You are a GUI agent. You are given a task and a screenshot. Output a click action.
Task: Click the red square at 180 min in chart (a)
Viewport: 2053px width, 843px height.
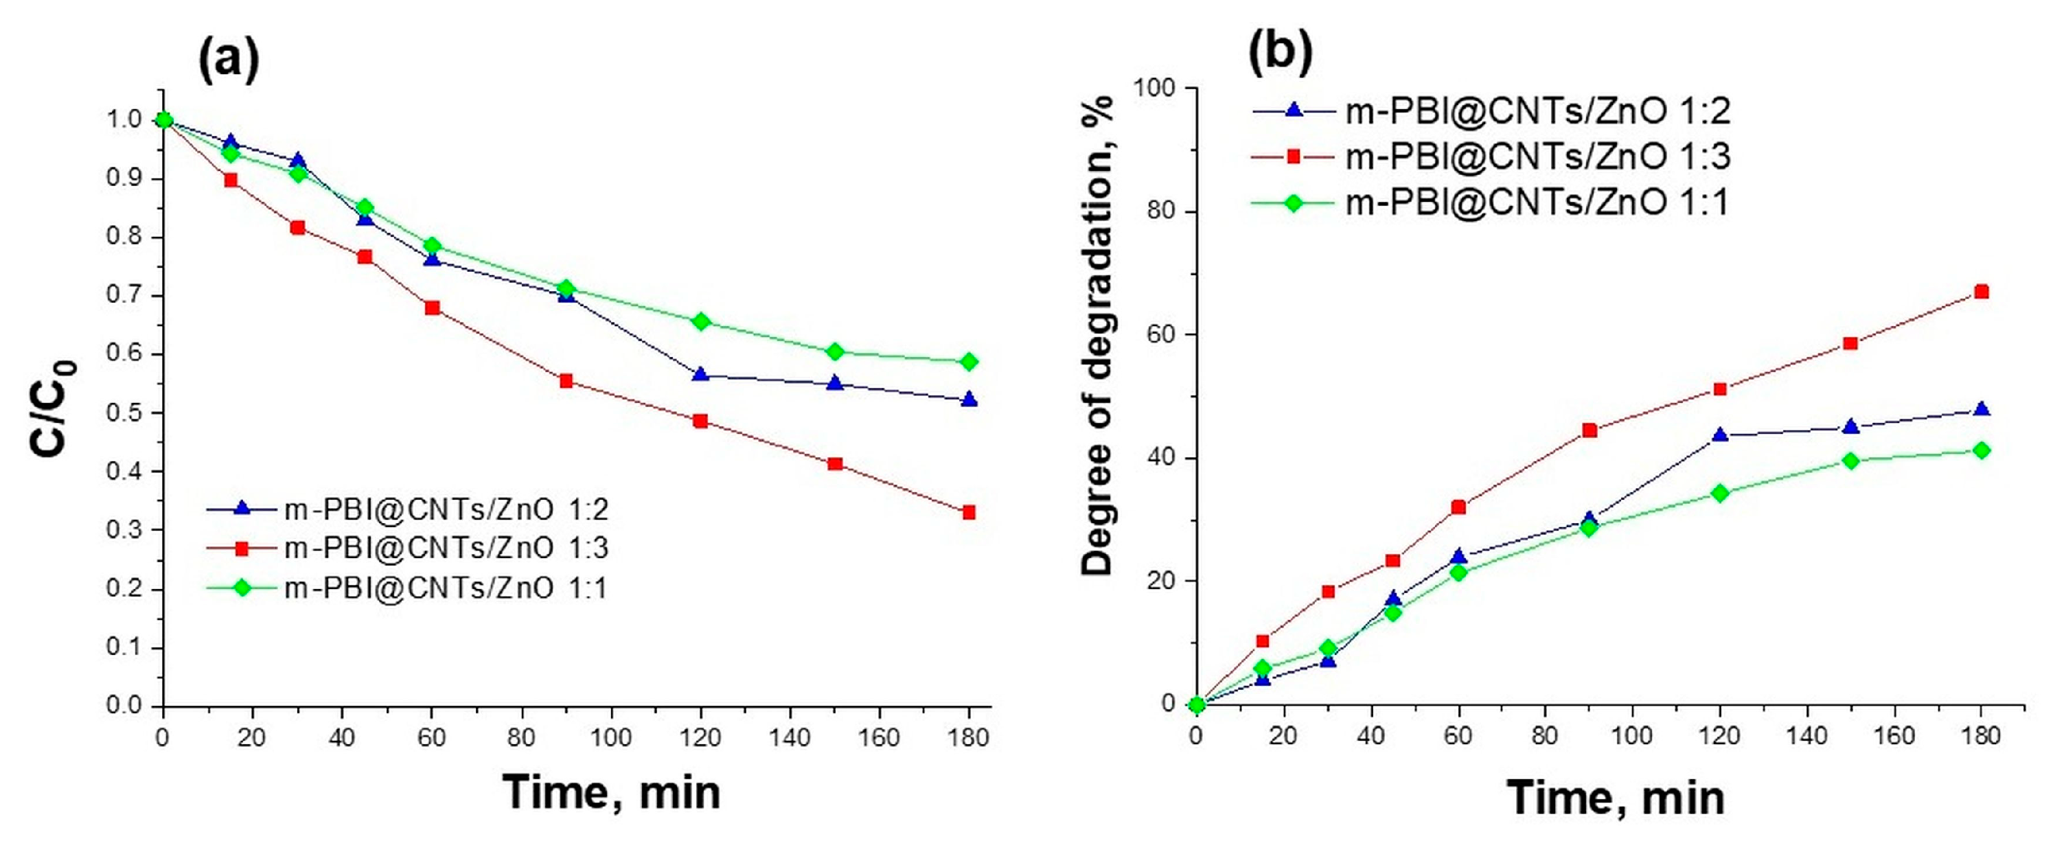coord(969,512)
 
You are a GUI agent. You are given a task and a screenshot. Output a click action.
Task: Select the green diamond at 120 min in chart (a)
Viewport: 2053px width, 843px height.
coord(701,321)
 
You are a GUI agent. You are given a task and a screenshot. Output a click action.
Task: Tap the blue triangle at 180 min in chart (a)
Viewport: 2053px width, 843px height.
coord(969,400)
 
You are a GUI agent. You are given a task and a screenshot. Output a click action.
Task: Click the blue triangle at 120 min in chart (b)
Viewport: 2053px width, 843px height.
coord(1720,435)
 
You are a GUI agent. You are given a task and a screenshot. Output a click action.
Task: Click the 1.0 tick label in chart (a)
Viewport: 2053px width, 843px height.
coord(124,120)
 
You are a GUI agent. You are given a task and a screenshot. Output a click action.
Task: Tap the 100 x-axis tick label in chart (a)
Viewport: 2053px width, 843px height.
coord(610,737)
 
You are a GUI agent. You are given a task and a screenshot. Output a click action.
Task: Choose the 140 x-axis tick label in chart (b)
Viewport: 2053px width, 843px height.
coord(1807,735)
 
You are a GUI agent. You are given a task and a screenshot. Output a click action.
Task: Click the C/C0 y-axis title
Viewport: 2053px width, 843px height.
coord(54,408)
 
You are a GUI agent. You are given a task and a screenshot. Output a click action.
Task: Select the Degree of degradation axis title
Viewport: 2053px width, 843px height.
coord(1097,334)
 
